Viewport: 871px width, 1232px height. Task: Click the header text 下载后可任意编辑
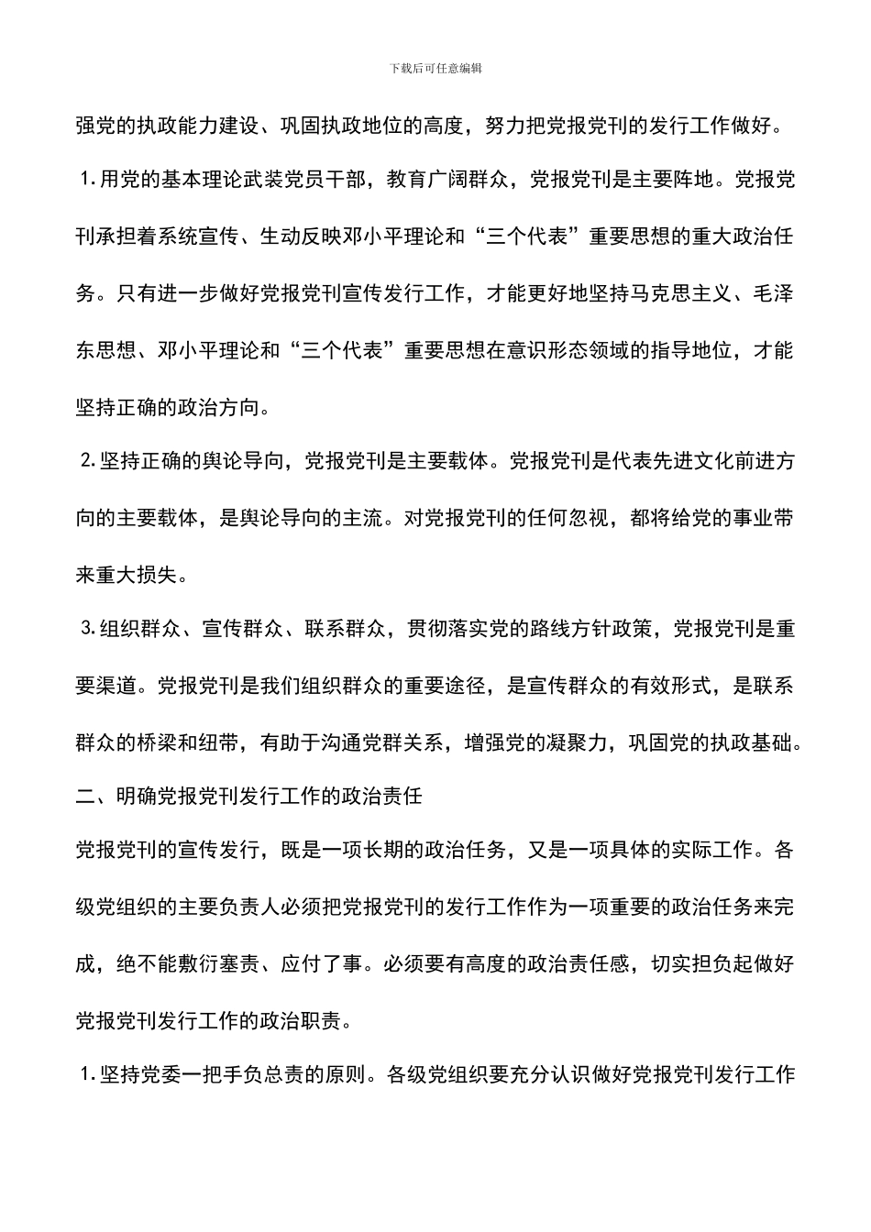pos(435,69)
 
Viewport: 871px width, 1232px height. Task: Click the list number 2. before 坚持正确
pos(88,462)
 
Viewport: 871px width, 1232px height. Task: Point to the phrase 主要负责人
pos(249,907)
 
